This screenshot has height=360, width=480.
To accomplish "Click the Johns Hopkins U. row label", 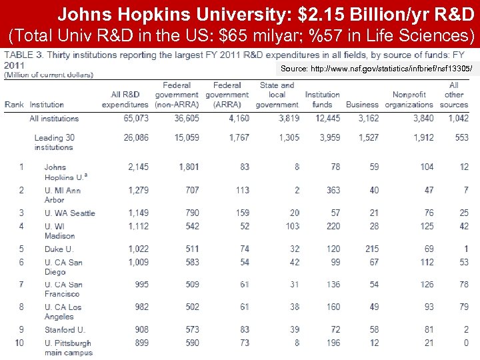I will point(65,172).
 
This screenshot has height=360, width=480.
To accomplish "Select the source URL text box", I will point(377,69).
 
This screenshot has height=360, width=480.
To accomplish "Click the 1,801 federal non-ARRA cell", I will point(189,167).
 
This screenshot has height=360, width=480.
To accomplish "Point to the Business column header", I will point(362,105).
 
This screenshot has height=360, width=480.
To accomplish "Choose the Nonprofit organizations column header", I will point(409,100).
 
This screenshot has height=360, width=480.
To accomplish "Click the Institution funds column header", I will point(322,100).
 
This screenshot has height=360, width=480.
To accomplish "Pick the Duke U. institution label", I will point(59,249).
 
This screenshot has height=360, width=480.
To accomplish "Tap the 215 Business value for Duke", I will point(371,249).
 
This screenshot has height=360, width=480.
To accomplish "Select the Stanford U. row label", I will point(65,330).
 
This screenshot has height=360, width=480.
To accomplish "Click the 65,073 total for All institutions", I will point(136,119).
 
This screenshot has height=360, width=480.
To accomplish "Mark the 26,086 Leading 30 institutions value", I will point(136,138).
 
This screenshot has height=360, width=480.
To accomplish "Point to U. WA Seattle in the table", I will point(70,213).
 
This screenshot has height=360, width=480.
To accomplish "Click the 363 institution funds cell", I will point(333,190).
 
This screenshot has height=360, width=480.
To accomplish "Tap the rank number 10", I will point(21,343).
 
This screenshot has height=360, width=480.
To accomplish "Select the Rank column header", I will point(14,105).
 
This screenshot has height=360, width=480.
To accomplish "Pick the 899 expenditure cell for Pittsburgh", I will point(140,343).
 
